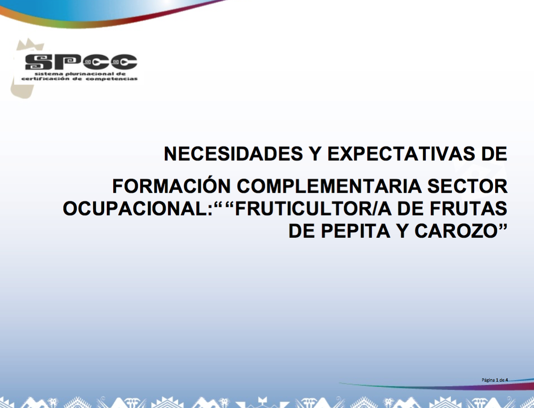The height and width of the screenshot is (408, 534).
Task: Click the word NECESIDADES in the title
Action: (x=233, y=154)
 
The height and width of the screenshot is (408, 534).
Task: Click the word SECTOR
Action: (x=467, y=186)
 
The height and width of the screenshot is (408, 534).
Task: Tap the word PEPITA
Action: (x=355, y=231)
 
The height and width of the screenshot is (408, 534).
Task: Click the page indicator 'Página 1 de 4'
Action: (x=495, y=380)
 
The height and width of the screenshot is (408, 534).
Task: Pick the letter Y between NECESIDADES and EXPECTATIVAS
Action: (x=315, y=154)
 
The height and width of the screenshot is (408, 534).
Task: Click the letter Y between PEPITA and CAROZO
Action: (x=402, y=231)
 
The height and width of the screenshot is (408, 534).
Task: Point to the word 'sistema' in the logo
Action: (x=48, y=74)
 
